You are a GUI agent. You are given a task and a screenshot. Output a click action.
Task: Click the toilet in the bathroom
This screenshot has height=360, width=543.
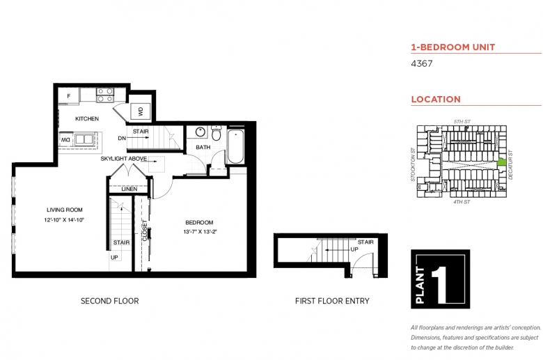(216, 133)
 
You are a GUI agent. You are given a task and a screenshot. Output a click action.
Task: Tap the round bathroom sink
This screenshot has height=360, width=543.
(200, 132)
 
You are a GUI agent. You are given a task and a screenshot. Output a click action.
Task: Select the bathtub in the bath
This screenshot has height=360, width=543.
(236, 146)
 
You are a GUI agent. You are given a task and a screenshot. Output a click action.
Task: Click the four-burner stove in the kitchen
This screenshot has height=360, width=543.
(105, 95)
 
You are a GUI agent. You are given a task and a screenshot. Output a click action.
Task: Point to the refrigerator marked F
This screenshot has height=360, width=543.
(68, 95)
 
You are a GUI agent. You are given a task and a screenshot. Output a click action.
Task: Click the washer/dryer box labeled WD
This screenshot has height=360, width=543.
(141, 111)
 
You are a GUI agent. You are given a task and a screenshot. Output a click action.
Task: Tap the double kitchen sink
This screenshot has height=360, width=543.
(84, 139)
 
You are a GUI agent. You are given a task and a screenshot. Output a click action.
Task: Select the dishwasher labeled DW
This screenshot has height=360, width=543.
(66, 139)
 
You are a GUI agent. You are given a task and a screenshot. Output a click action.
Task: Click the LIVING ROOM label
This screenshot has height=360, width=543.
(65, 210)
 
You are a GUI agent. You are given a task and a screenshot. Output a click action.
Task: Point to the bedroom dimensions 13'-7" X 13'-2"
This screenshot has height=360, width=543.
(200, 232)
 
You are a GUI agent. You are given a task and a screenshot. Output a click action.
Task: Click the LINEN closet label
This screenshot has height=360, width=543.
(129, 189)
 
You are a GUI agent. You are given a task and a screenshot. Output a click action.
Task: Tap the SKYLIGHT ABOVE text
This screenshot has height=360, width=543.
(124, 159)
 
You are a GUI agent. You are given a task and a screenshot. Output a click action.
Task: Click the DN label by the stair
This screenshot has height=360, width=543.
(122, 139)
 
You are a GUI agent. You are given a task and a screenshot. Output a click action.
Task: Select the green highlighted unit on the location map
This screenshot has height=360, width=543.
(502, 162)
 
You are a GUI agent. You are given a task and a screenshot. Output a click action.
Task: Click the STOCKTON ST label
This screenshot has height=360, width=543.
(413, 164)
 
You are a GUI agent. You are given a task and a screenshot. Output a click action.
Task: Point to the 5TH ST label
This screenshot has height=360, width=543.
(462, 122)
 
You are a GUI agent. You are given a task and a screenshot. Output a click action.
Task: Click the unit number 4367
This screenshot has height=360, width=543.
(421, 63)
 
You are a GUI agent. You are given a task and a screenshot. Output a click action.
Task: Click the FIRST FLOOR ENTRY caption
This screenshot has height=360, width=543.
(332, 301)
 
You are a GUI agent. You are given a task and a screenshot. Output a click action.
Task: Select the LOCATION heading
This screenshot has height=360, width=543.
(436, 100)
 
